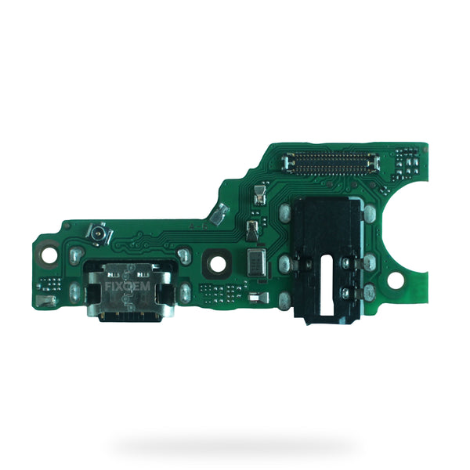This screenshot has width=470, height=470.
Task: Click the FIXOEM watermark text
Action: coord(128,287)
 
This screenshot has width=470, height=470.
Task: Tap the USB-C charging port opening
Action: coord(131,316)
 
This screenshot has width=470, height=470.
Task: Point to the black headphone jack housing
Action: coord(327,260)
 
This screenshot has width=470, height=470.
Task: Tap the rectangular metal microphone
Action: coord(256,263)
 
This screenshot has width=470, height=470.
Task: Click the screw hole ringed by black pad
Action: coord(218,264)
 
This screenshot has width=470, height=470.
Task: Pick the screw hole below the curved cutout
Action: coord(396,280)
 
